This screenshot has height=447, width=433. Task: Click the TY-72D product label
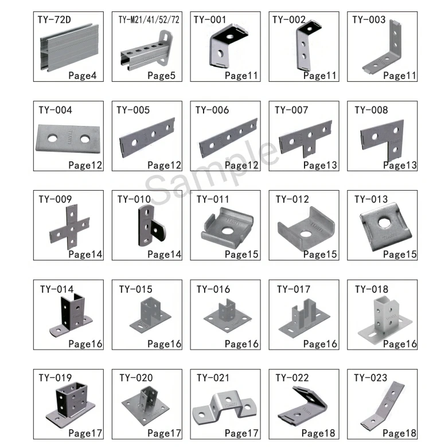click(x=54, y=20)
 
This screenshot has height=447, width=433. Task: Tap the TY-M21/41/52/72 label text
click(x=149, y=20)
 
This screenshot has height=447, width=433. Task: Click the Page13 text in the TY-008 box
click(x=400, y=165)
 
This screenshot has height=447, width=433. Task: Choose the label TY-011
click(x=213, y=200)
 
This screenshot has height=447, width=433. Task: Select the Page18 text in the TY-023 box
click(x=400, y=433)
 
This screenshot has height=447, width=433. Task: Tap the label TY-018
click(x=371, y=289)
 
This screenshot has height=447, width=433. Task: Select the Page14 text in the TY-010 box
click(x=164, y=254)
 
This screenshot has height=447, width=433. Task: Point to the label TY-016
click(x=213, y=289)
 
